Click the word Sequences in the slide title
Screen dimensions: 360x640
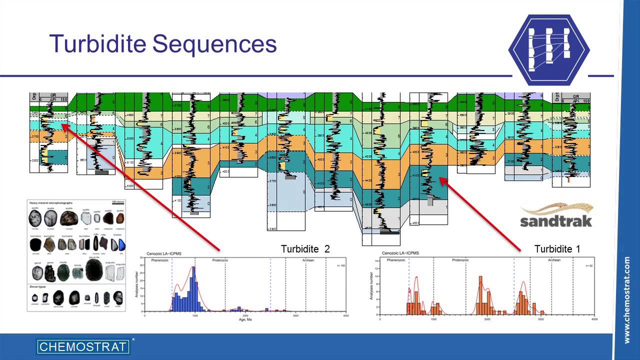point(214,44)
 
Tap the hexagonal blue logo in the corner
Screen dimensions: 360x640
point(549,49)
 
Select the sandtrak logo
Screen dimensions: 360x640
point(556,215)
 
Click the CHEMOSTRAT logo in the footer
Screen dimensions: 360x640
point(83,346)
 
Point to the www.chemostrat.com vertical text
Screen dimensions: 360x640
point(627,300)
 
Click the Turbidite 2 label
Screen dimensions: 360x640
point(305,248)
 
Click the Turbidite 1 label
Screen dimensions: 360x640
point(557,248)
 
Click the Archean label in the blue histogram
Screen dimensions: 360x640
point(308,260)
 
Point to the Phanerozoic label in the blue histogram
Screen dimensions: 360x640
point(158,260)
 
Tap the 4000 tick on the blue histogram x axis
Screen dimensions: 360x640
point(346,316)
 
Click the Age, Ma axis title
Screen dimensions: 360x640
point(245,319)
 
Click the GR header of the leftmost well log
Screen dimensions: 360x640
point(52,94)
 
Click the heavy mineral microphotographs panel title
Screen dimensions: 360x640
point(51,203)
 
